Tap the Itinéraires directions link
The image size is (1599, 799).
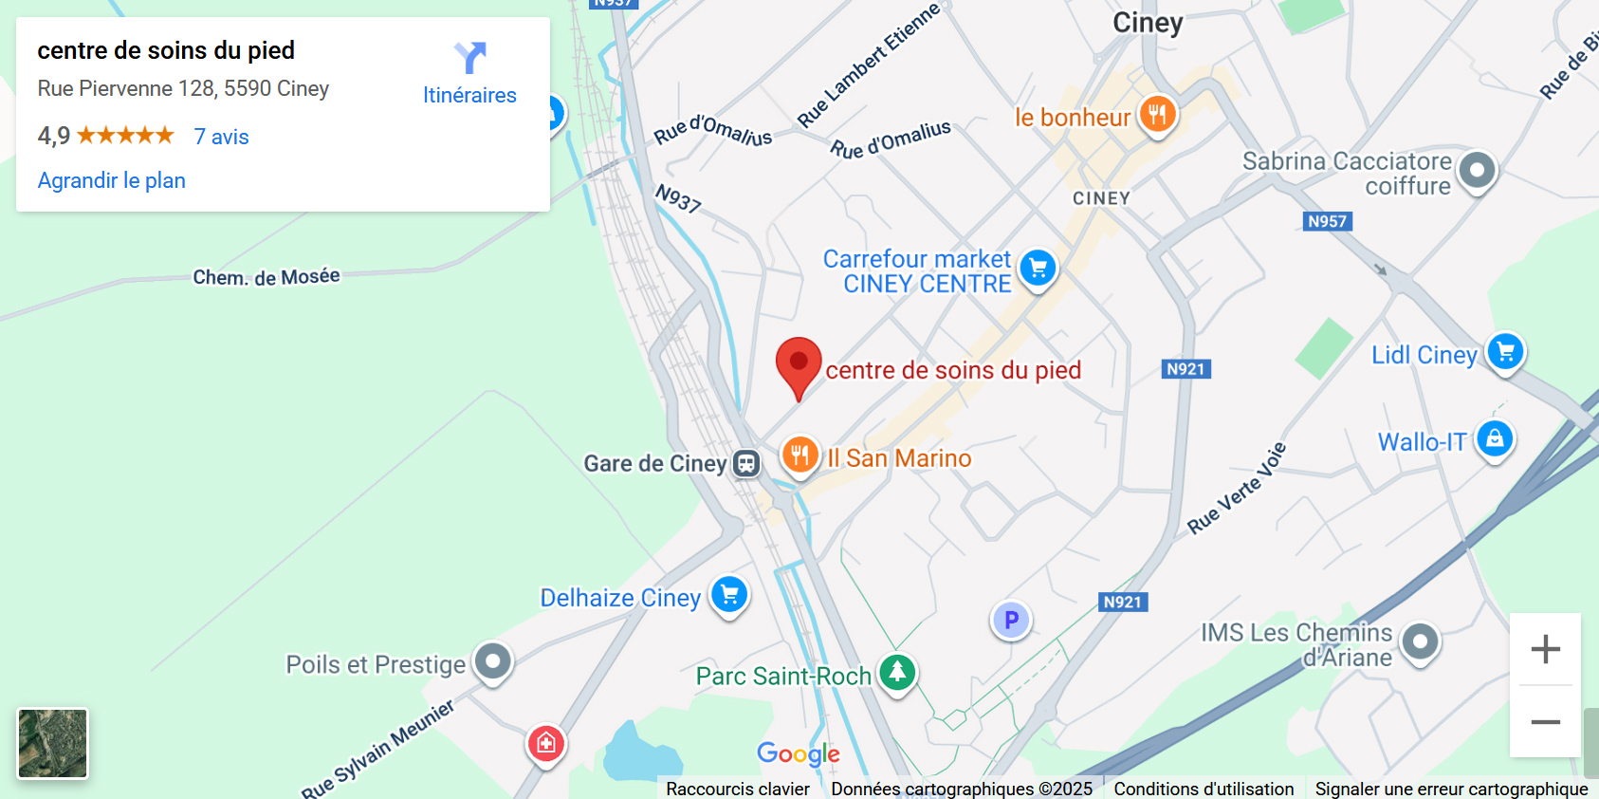coord(469,74)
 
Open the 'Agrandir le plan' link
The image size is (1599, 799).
coord(112,180)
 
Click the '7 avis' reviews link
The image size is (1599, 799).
coord(221,137)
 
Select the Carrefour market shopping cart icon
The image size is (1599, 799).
coord(1038,268)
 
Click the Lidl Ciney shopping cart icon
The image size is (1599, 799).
coord(1505,352)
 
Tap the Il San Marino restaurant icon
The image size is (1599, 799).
coord(799,455)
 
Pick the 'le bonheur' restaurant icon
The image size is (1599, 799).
coord(1157,115)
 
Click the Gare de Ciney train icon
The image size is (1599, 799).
coord(746,463)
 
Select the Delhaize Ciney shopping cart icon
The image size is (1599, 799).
coord(729,595)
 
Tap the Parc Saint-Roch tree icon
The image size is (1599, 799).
coord(897,672)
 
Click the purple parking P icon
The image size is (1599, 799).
coord(1011,620)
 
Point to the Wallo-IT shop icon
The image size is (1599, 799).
coord(1495,438)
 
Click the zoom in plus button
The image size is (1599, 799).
coord(1545,649)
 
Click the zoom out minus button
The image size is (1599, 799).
coord(1545,722)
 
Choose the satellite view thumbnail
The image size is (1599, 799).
coord(53,744)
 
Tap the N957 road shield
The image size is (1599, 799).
coord(1327,221)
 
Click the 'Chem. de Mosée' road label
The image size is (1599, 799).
coord(266,277)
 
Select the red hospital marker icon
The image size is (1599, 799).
coord(546,744)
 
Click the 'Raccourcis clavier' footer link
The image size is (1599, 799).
coord(738,789)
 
